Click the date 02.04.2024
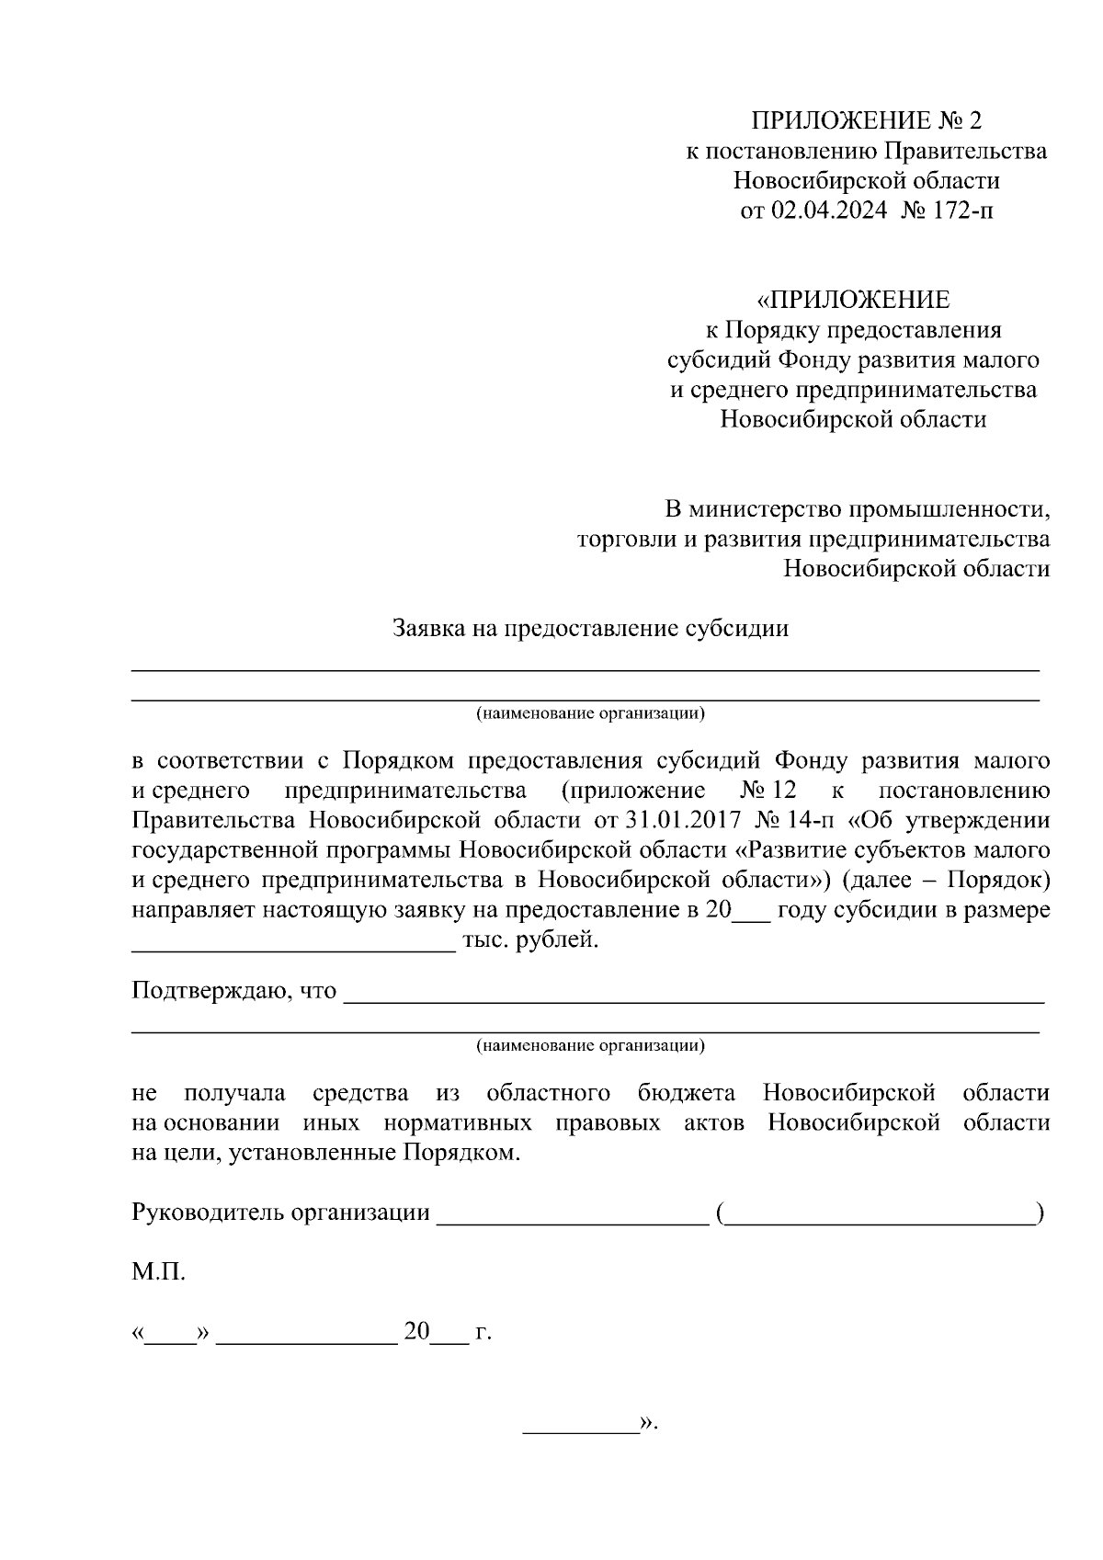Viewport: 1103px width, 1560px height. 828,210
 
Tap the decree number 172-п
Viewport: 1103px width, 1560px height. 963,210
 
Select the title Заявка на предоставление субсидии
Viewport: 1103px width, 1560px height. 591,629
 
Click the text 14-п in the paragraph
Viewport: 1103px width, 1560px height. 815,820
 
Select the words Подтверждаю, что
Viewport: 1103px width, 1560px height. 234,992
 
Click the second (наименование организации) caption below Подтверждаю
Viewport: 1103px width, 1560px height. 590,1045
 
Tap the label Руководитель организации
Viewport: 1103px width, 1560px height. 281,1213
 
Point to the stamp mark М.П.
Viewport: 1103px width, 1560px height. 158,1273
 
